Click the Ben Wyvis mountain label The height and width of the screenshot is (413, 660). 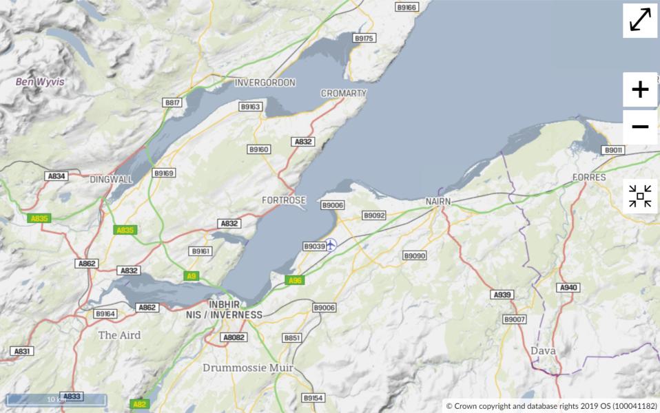[x=41, y=82]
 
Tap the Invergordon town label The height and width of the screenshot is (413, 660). [x=265, y=83]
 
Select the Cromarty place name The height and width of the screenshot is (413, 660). [x=344, y=93]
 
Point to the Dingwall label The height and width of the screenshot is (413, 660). [x=111, y=179]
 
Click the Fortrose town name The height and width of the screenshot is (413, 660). [x=283, y=200]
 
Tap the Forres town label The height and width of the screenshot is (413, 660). [x=589, y=177]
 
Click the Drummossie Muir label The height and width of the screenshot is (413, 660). [x=248, y=368]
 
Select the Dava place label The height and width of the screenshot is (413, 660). [x=543, y=350]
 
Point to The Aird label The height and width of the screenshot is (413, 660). [x=119, y=335]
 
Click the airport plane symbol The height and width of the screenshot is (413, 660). [x=331, y=244]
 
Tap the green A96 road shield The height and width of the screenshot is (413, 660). [x=295, y=280]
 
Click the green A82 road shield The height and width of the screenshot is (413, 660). [x=139, y=404]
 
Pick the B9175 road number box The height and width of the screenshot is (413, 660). [x=364, y=39]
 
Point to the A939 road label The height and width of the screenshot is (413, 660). [x=502, y=295]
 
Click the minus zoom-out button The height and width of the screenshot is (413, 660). [x=640, y=127]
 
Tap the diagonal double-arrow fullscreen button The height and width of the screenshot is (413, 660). [x=640, y=21]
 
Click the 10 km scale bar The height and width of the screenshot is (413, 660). [x=56, y=399]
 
